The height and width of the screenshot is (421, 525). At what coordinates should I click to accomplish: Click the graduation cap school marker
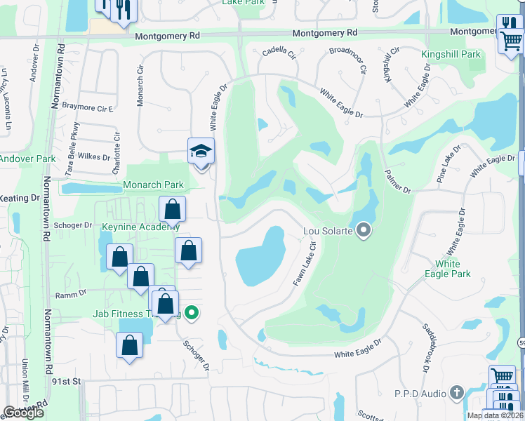pos(201,151)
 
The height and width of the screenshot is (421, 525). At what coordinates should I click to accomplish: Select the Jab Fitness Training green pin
pos(190,314)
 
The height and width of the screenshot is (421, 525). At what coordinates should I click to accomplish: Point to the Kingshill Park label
pos(451,54)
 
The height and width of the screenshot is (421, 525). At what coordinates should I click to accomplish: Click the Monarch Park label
pos(153,185)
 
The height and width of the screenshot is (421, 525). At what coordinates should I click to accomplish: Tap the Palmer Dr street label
pos(397,182)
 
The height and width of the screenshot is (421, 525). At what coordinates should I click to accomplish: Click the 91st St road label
pos(67,381)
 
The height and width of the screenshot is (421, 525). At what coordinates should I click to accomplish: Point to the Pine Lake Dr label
pos(449,163)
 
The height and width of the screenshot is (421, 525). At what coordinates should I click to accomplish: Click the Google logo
pos(24,413)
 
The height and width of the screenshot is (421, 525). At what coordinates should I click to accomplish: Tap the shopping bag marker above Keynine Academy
pos(172,209)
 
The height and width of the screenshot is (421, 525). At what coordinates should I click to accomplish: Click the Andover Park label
pos(27,159)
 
